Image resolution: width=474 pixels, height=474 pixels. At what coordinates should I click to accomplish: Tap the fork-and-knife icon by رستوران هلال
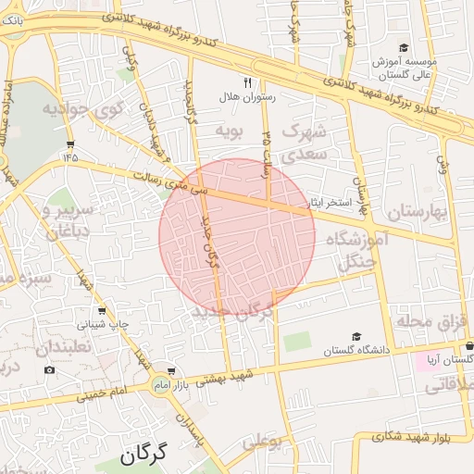[x=246, y=81]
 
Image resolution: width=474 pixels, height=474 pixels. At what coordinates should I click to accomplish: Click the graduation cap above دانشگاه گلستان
[x=356, y=337]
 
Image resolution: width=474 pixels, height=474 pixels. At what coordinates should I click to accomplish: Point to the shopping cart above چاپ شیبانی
[x=101, y=310]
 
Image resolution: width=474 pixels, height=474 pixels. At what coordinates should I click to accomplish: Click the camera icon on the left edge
[x=49, y=369]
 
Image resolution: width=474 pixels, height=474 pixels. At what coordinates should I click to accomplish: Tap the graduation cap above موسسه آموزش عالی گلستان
[x=403, y=48]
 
